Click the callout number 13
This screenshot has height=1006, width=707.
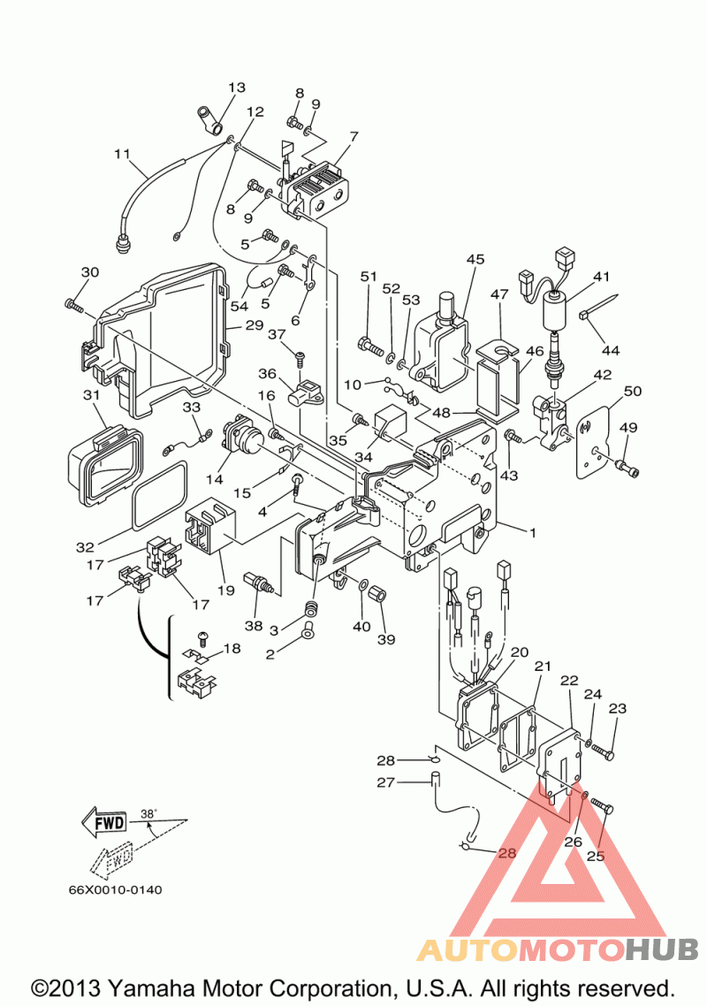(237, 88)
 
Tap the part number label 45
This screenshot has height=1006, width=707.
(475, 259)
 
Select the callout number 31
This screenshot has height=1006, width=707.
(92, 395)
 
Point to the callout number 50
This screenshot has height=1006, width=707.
(633, 391)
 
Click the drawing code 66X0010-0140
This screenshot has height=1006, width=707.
(116, 890)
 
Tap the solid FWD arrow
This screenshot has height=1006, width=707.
(104, 822)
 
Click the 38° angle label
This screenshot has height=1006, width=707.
(148, 813)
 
